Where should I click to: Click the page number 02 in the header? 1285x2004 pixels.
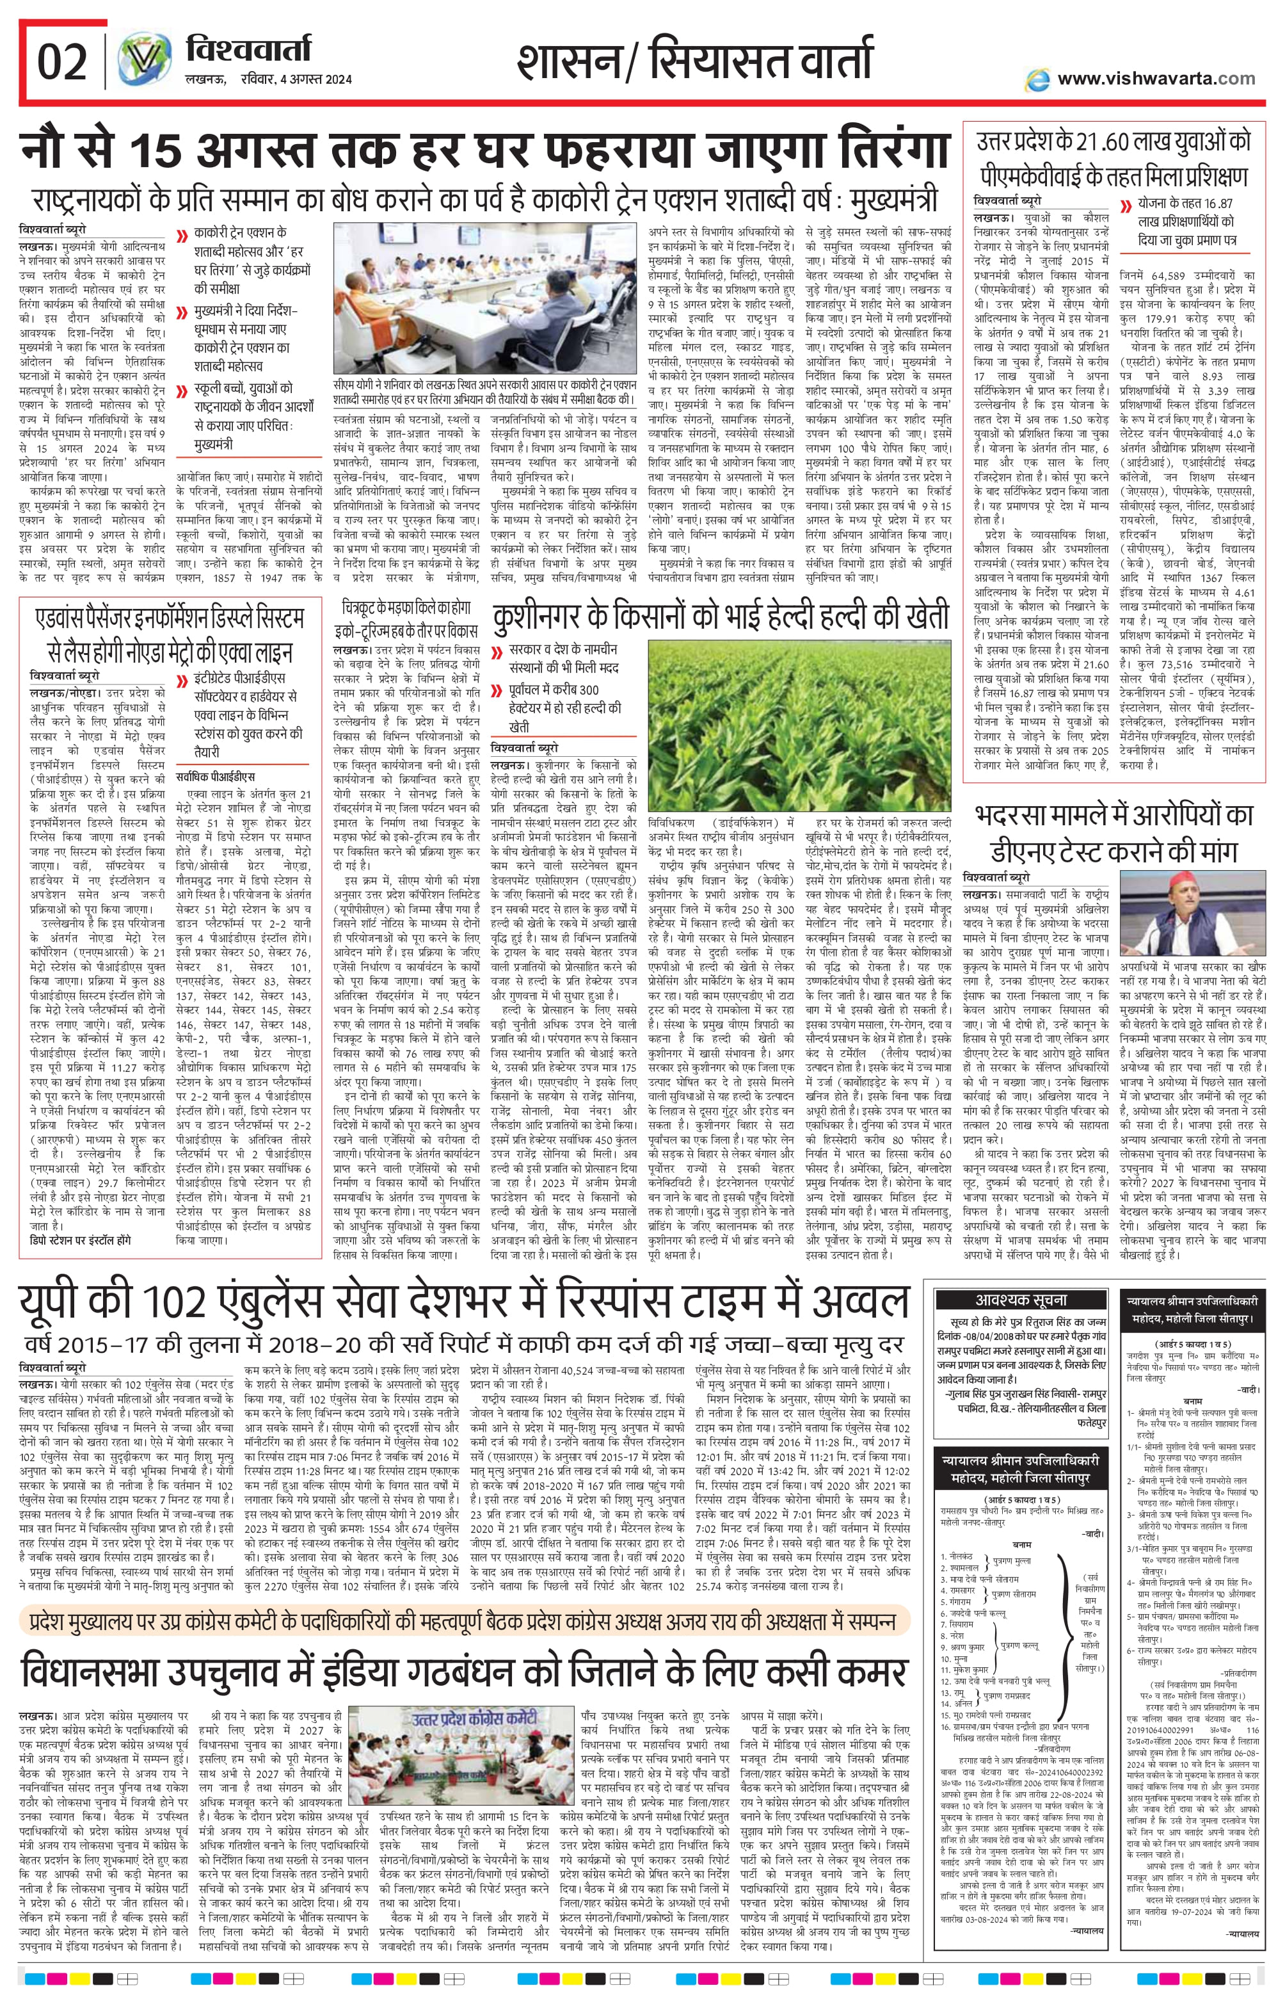(61, 63)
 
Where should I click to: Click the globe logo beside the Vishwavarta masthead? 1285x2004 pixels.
(145, 61)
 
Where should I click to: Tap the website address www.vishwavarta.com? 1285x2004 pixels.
(1156, 79)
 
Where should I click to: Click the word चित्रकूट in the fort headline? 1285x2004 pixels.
(365, 608)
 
